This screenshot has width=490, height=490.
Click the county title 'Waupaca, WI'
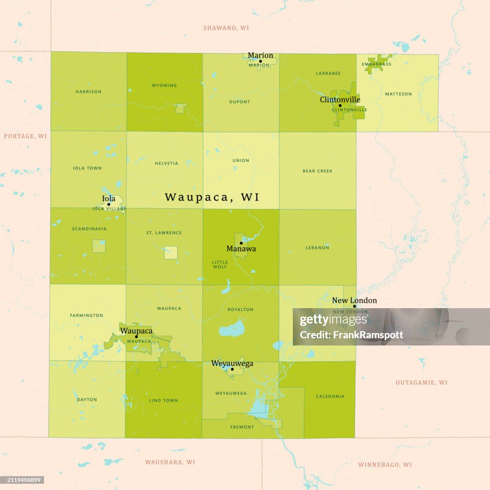(x=212, y=197)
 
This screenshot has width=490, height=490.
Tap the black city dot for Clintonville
(x=340, y=105)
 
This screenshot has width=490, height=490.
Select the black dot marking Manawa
(x=241, y=243)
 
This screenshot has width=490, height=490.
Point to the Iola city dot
(x=109, y=204)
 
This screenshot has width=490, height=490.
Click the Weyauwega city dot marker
(x=232, y=369)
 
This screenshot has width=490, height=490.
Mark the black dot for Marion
(x=260, y=61)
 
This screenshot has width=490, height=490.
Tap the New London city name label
(x=354, y=301)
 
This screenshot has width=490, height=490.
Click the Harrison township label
(x=89, y=91)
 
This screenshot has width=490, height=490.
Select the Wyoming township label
(x=164, y=86)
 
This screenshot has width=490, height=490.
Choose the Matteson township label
(x=398, y=94)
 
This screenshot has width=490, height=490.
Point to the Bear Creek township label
(x=317, y=171)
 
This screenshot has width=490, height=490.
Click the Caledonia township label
(x=330, y=396)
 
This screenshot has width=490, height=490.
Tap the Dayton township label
(x=87, y=399)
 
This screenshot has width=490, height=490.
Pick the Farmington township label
(x=87, y=315)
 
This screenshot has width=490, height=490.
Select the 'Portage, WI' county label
(x=25, y=136)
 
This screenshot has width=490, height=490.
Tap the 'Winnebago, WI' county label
(x=385, y=465)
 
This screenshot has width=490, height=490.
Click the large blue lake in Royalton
(x=231, y=330)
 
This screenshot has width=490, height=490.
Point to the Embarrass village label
(x=376, y=64)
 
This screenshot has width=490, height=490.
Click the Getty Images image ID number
(x=23, y=480)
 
